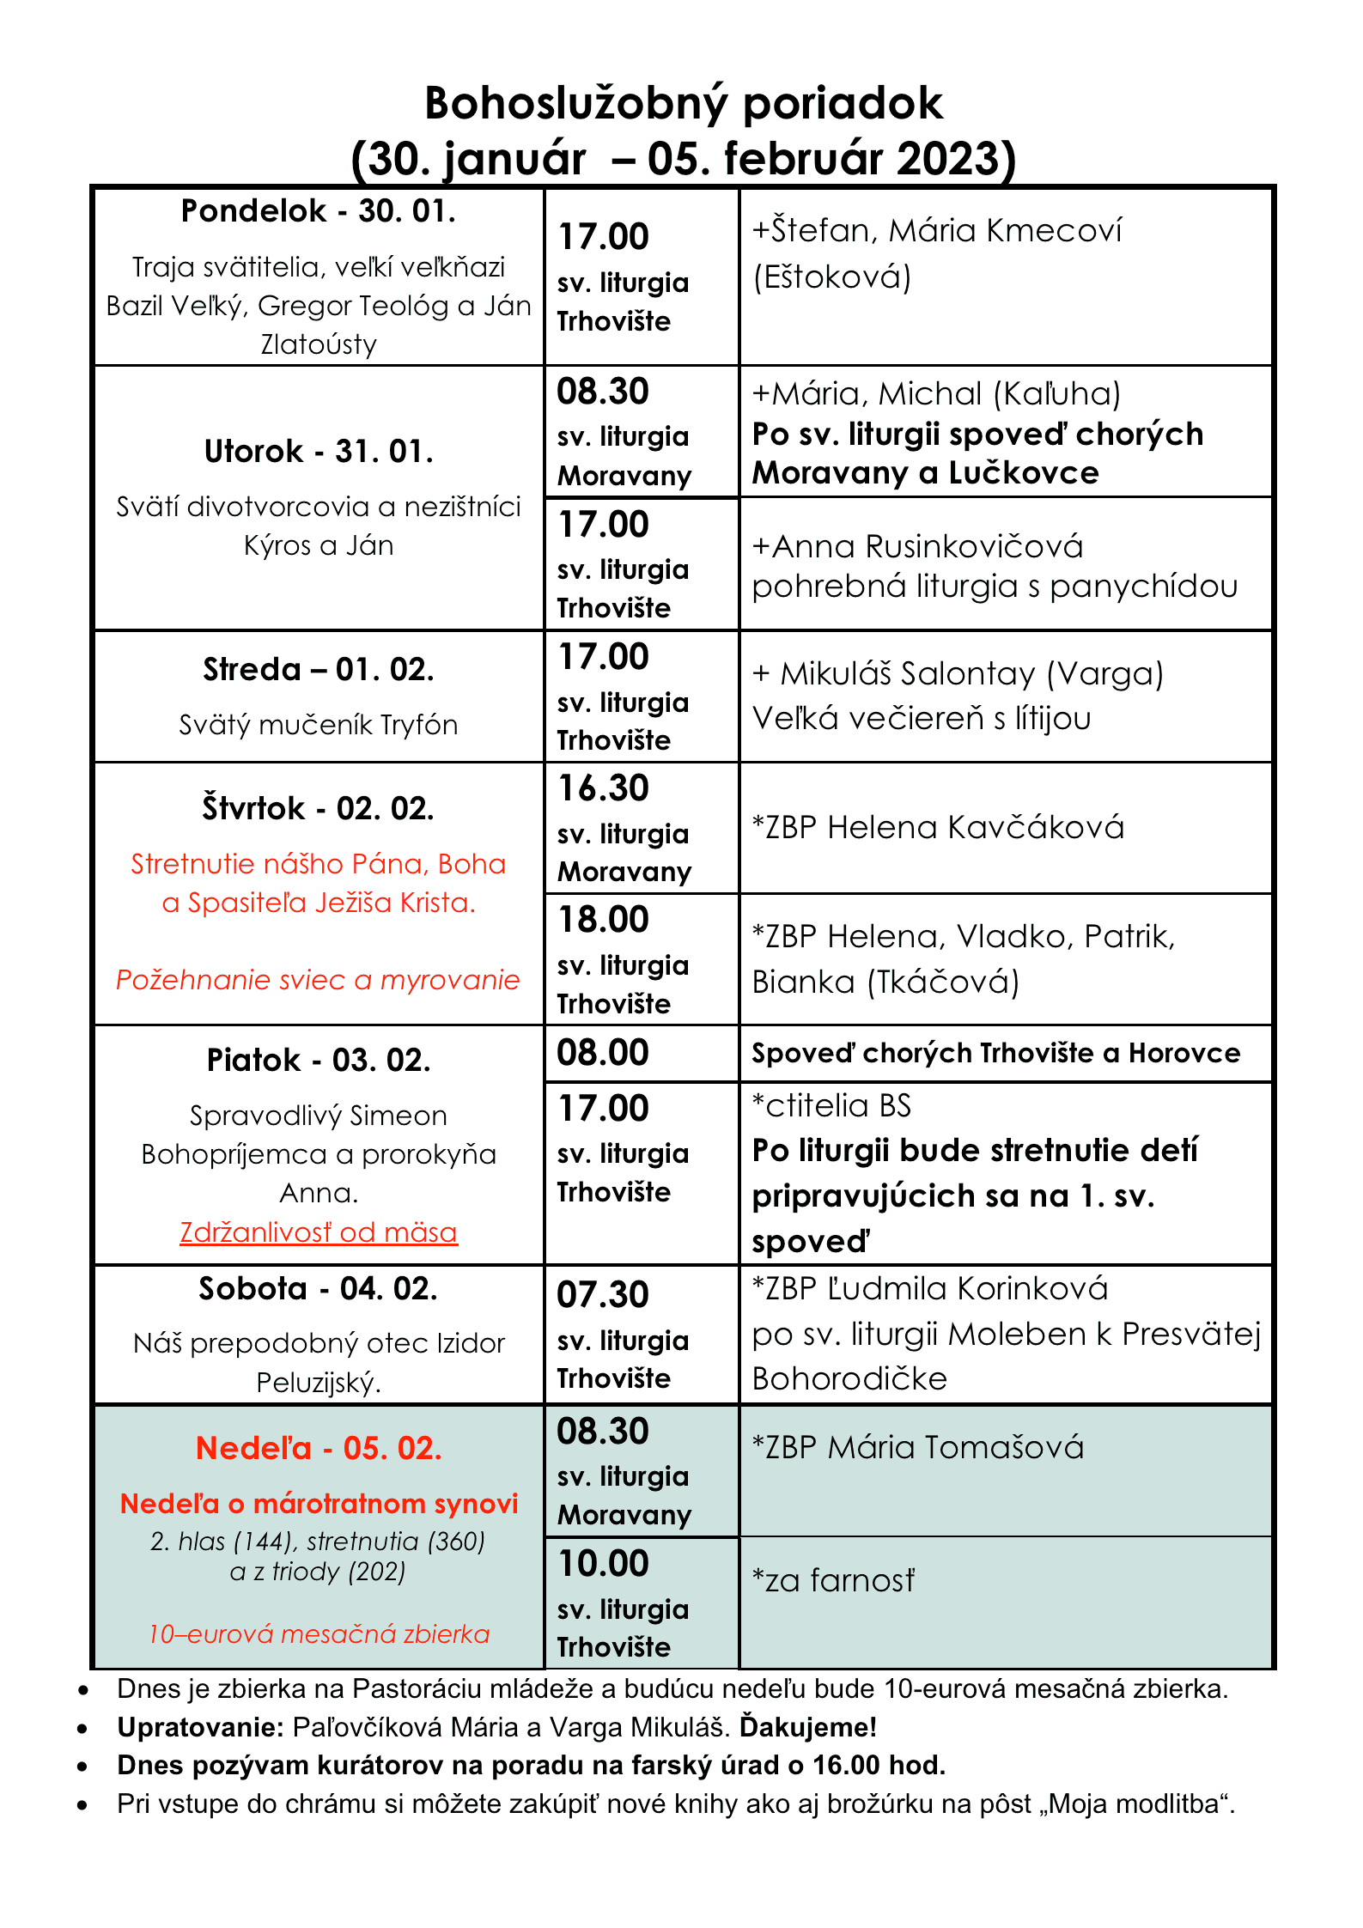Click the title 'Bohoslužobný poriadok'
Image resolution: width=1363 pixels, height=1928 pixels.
[684, 104]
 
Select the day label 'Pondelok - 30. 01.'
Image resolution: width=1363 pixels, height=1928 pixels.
[318, 211]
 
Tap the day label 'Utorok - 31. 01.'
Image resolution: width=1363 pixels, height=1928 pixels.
[318, 452]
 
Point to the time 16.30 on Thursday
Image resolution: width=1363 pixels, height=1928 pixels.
[603, 788]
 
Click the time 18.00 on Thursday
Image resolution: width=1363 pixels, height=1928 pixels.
[603, 920]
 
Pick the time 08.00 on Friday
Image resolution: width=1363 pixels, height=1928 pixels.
[603, 1053]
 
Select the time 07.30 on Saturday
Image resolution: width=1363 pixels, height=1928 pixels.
[603, 1295]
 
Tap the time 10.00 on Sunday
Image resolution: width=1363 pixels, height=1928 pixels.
[603, 1564]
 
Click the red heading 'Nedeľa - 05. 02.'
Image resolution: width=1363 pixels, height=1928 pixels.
[319, 1449]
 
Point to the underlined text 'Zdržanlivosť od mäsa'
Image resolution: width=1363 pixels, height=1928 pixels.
[319, 1232]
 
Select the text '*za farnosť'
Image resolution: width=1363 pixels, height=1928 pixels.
[833, 1580]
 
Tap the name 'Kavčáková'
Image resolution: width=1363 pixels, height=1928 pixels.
[1036, 827]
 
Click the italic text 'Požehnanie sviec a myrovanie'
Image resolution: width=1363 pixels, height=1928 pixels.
[318, 980]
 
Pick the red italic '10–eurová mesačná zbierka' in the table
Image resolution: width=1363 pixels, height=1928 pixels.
[319, 1633]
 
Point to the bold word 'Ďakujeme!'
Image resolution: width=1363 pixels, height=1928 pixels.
[808, 1727]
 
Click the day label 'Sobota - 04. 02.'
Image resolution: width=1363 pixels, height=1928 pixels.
[318, 1289]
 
